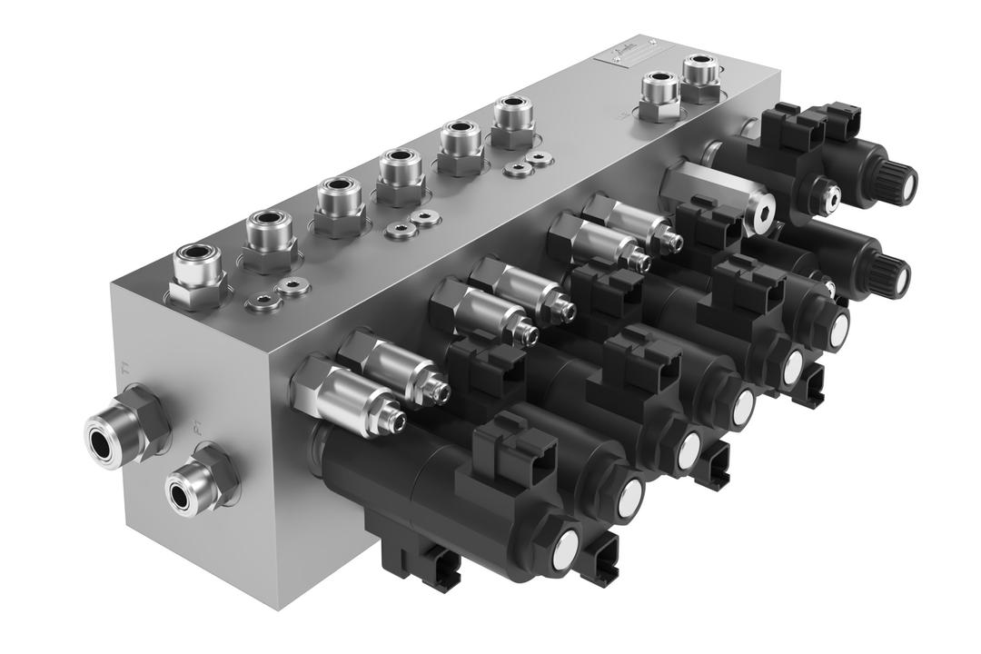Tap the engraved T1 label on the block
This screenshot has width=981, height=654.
pyautogui.click(x=124, y=370)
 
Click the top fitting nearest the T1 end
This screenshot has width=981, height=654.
pyautogui.click(x=198, y=270)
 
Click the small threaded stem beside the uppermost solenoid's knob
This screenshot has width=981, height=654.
pyautogui.click(x=827, y=193)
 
